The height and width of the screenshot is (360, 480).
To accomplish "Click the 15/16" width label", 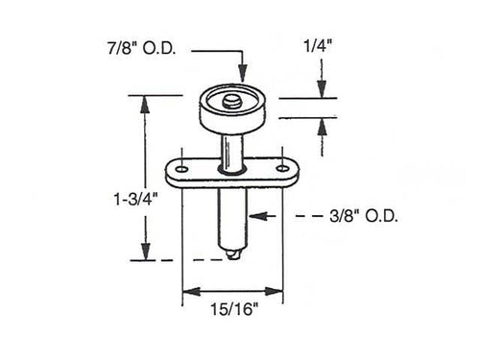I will click(x=232, y=311).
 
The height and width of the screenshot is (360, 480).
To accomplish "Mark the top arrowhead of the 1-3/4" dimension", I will click(x=145, y=100).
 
